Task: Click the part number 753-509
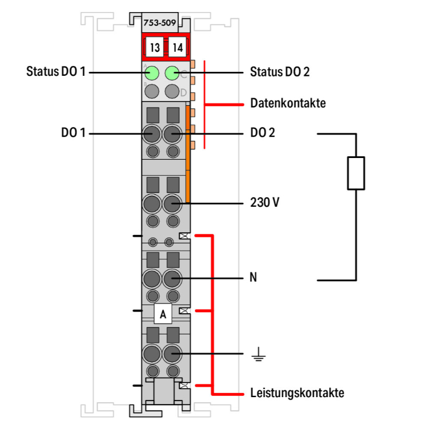[160, 24]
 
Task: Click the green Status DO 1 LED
[152, 73]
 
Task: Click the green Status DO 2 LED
[172, 73]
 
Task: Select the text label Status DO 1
[56, 72]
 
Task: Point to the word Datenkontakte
[288, 104]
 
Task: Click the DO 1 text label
[73, 133]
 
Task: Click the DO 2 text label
[263, 133]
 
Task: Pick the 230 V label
[264, 203]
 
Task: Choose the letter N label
[253, 278]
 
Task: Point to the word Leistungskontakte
[297, 394]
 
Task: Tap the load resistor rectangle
[356, 172]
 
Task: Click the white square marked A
[163, 314]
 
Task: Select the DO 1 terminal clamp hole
[152, 135]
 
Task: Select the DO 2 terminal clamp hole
[172, 135]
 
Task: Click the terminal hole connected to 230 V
[172, 203]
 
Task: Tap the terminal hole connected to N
[172, 279]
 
